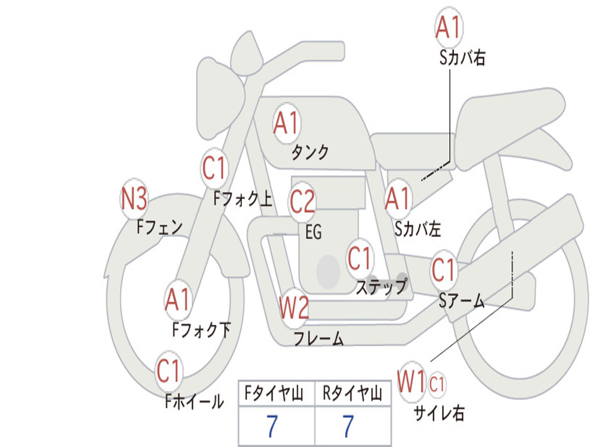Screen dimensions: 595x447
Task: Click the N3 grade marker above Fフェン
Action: click(134, 199)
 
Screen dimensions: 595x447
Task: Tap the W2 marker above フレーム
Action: click(294, 307)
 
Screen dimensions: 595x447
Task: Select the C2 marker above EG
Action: click(302, 202)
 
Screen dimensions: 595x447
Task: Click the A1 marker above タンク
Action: click(286, 123)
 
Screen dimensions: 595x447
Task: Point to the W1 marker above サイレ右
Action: click(412, 381)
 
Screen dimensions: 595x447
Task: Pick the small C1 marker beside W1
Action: click(437, 384)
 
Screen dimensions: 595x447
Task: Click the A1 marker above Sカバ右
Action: click(449, 27)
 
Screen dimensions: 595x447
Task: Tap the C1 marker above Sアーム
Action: click(443, 270)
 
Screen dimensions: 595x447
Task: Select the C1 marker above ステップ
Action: click(359, 258)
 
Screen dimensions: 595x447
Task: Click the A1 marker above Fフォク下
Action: click(177, 299)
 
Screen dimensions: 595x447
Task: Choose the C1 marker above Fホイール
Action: click(168, 371)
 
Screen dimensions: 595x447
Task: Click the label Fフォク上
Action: click(243, 198)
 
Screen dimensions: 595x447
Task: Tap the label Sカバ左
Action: click(417, 229)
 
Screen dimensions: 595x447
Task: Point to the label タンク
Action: click(310, 152)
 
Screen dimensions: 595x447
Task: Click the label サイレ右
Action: click(439, 413)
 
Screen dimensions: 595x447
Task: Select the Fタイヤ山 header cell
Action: click(277, 393)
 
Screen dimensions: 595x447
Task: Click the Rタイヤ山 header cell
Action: click(353, 393)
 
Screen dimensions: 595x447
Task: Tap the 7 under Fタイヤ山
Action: click(272, 426)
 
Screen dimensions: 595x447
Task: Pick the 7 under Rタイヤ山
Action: click(348, 426)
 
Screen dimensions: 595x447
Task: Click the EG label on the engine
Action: click(313, 232)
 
